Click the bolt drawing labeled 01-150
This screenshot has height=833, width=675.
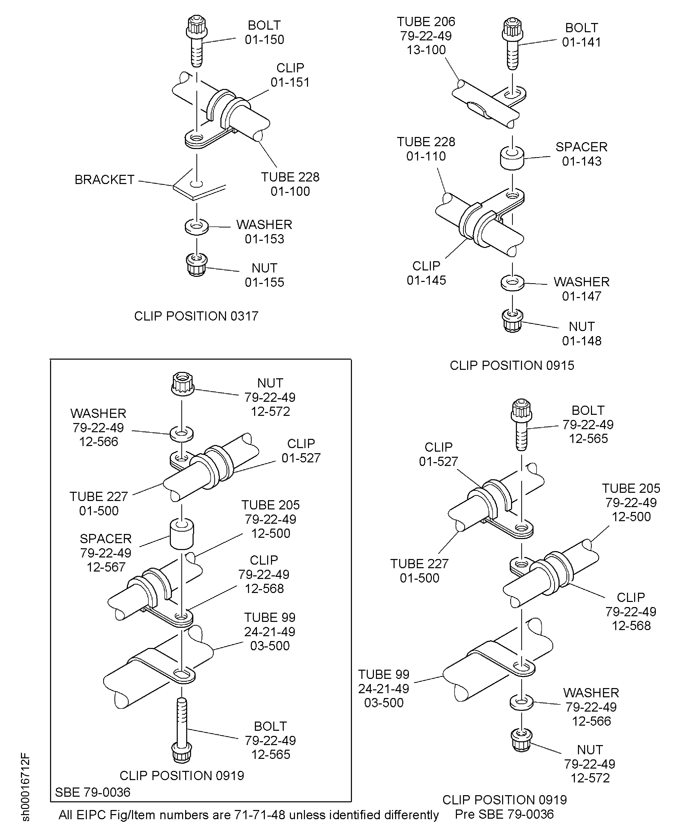pos(197,41)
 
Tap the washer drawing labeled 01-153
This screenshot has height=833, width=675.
pos(197,226)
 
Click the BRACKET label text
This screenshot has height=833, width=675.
pos(104,180)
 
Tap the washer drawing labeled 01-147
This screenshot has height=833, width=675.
pos(513,283)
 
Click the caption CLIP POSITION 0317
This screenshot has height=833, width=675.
pos(196,316)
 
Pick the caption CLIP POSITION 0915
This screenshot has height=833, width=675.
pos(512,365)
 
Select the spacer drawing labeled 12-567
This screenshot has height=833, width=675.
pos(182,534)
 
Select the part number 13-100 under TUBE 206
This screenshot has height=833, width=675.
pos(426,50)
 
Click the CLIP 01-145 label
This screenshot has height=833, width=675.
pos(426,273)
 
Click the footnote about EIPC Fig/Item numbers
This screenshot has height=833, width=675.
pos(248,815)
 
